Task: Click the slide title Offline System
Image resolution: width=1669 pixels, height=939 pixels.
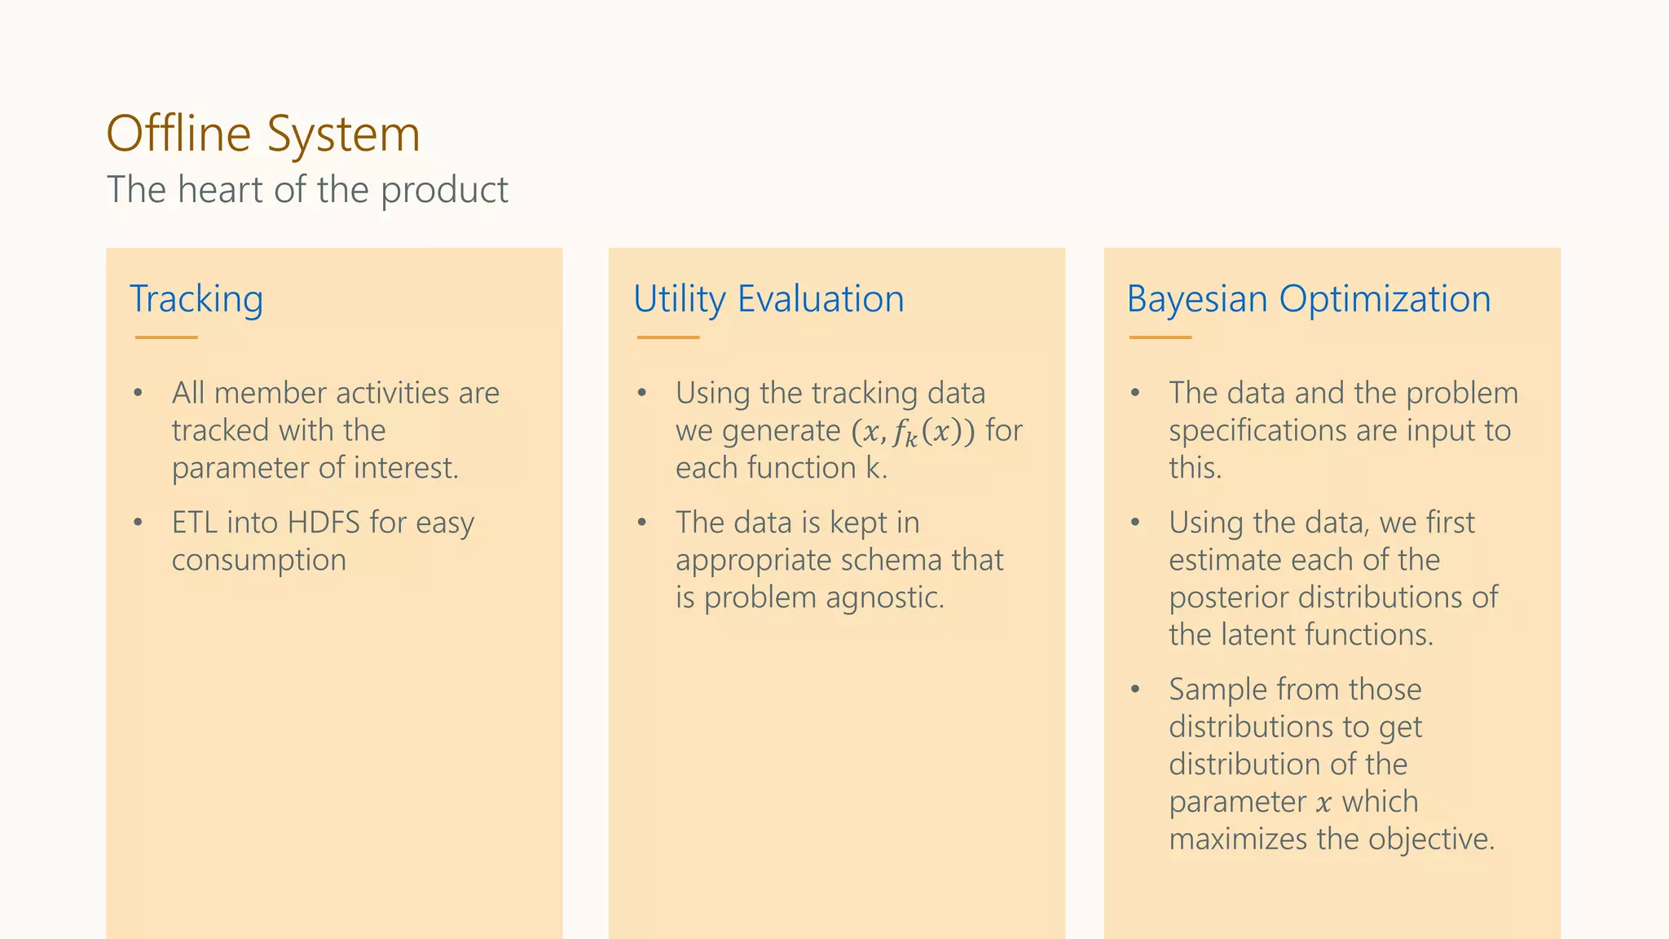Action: (x=263, y=134)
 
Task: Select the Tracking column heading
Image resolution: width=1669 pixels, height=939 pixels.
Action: (x=196, y=299)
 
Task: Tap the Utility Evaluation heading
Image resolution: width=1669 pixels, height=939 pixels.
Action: (x=768, y=299)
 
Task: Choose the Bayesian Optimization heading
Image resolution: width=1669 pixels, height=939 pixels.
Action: (x=1309, y=299)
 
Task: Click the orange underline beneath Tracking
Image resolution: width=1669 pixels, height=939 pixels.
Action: (x=166, y=337)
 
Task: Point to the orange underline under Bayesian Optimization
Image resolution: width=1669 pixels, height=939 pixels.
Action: (x=1160, y=337)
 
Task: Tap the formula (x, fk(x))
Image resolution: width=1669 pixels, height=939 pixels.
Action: (x=913, y=431)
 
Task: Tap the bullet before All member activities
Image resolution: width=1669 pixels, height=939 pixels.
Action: (x=139, y=394)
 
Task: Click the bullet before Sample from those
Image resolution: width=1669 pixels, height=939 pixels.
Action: (x=1135, y=690)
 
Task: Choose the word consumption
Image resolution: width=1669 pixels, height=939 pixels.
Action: (x=259, y=561)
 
